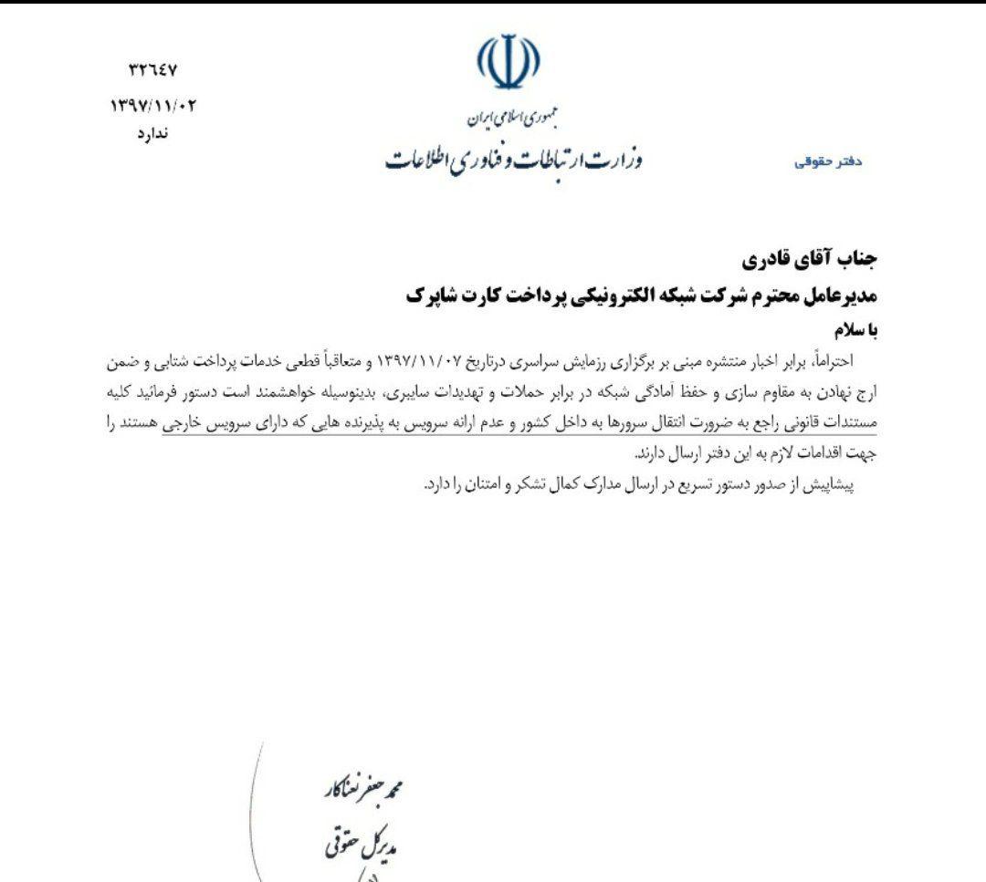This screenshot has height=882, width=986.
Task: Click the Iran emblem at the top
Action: (508, 62)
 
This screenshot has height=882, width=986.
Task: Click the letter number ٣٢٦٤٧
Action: (152, 70)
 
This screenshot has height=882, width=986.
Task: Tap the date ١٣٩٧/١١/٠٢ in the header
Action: (152, 106)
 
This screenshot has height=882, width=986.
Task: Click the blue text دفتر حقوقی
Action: (828, 162)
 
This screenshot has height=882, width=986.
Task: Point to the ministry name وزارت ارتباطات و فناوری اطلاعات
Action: (513, 160)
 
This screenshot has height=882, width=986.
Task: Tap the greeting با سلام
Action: (853, 329)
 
